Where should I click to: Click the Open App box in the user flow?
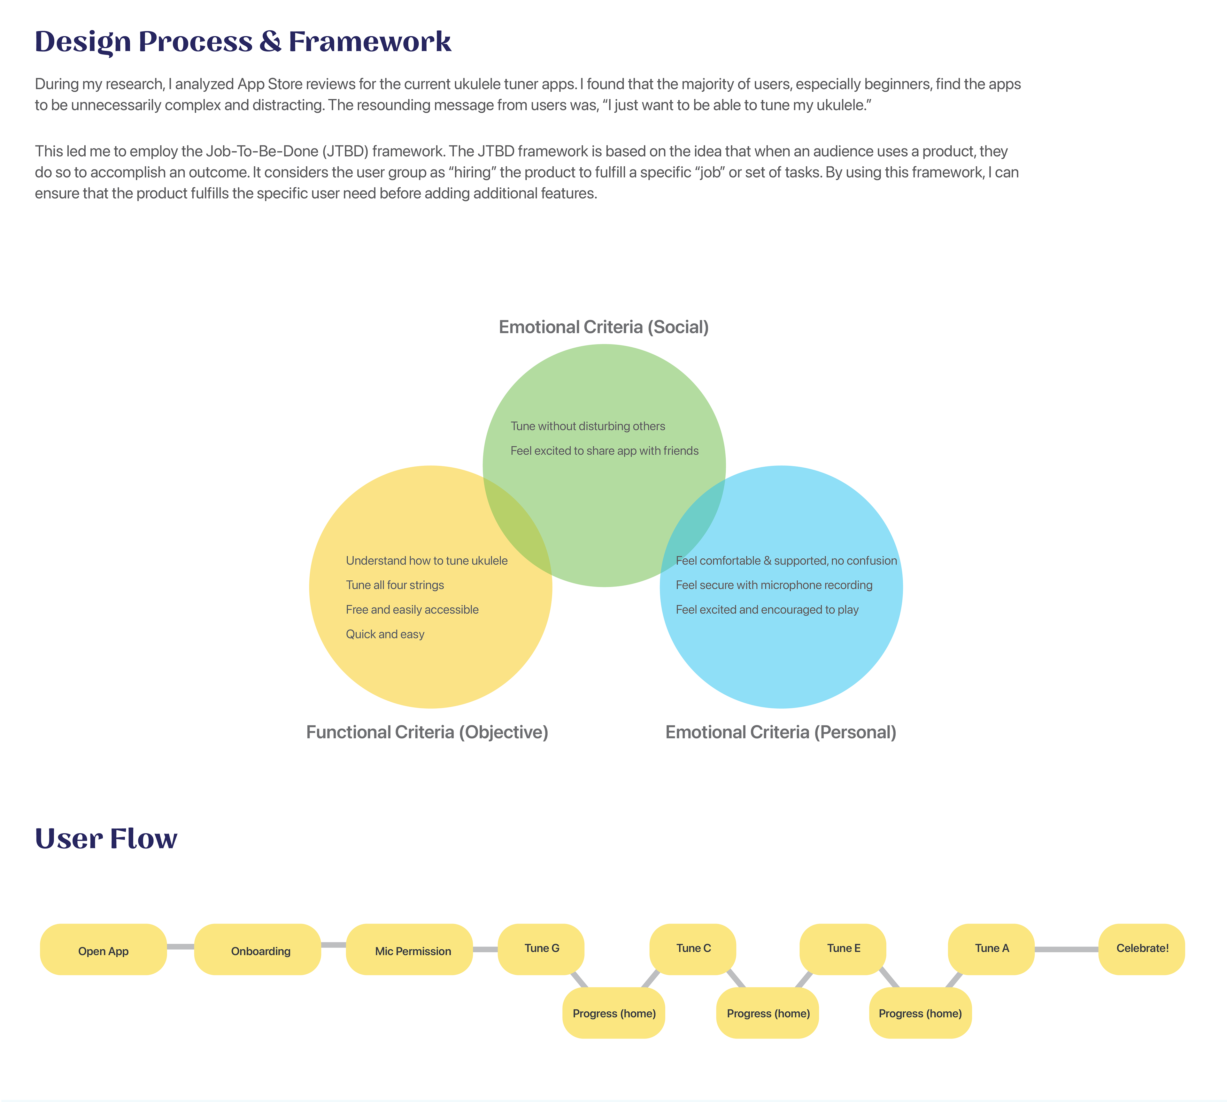coord(103,949)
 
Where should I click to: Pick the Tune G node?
coord(541,948)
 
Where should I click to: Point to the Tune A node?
coord(991,948)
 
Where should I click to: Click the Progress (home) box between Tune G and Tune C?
coord(614,1013)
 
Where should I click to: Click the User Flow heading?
coord(106,839)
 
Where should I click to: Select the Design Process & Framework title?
coord(243,42)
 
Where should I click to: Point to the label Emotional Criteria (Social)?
coord(604,327)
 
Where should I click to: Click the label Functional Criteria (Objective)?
coord(427,732)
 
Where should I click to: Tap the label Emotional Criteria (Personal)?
coord(780,732)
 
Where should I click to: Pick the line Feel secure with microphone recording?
coord(774,585)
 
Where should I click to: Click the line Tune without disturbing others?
coord(588,426)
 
